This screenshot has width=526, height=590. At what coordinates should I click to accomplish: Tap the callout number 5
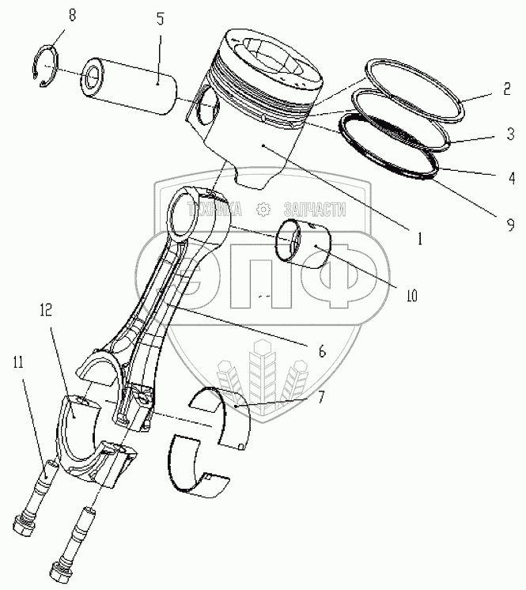[160, 18]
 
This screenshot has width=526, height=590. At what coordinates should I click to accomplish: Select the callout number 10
[411, 296]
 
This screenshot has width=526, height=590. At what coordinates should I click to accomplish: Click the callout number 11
[17, 363]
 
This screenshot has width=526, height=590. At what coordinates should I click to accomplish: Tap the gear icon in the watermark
[263, 209]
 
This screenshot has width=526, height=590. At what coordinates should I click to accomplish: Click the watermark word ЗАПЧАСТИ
[314, 209]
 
